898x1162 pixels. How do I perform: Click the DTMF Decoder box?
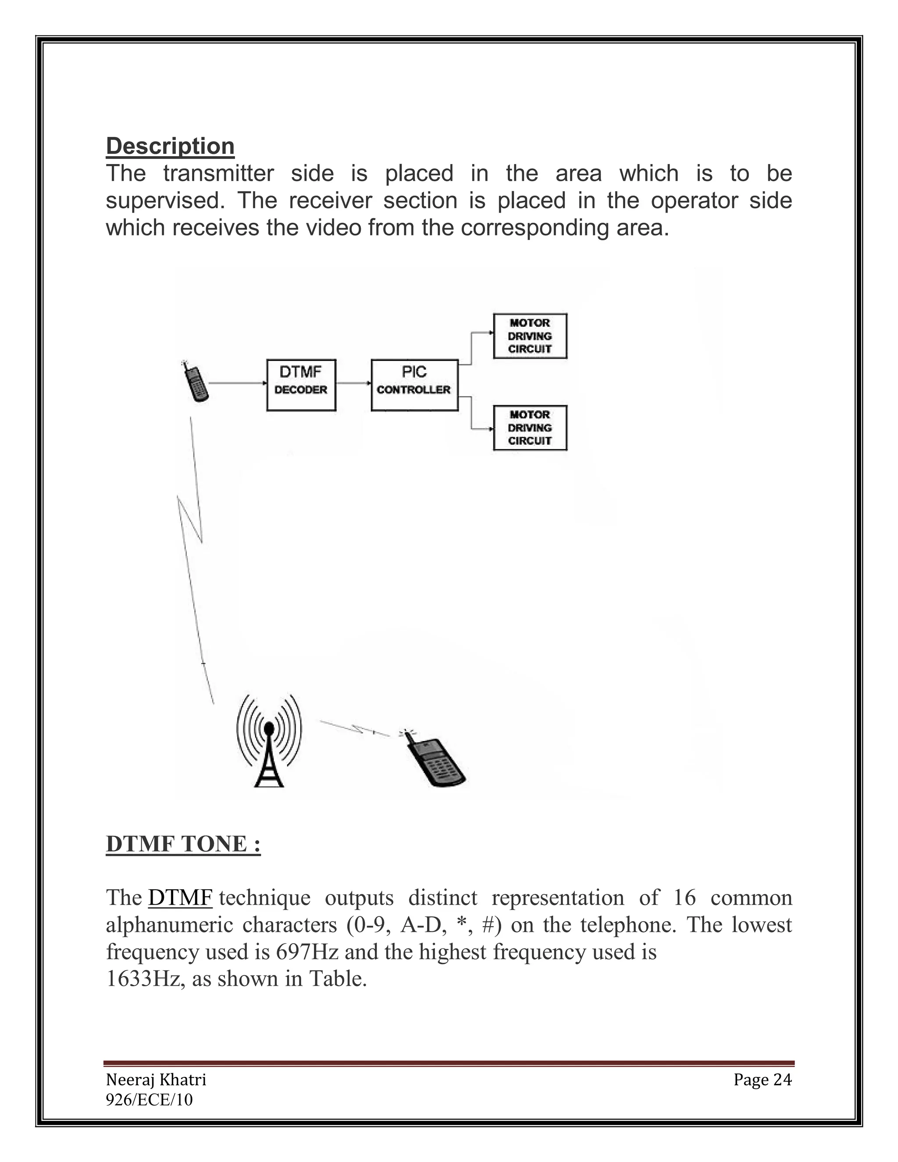point(301,385)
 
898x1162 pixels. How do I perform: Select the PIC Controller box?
point(414,385)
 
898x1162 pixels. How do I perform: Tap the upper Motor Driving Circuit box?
point(530,336)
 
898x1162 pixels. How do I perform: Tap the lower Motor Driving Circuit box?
point(530,428)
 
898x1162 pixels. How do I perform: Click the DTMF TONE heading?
point(183,845)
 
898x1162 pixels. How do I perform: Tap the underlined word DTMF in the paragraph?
point(180,898)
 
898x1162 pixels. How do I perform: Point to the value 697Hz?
point(307,952)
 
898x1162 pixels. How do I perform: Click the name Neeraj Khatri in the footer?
point(156,1080)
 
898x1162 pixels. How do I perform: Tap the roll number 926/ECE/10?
point(149,1100)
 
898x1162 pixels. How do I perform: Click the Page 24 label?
point(763,1080)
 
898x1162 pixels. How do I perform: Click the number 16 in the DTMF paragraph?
point(684,898)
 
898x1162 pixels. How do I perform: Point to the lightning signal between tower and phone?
point(355,728)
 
